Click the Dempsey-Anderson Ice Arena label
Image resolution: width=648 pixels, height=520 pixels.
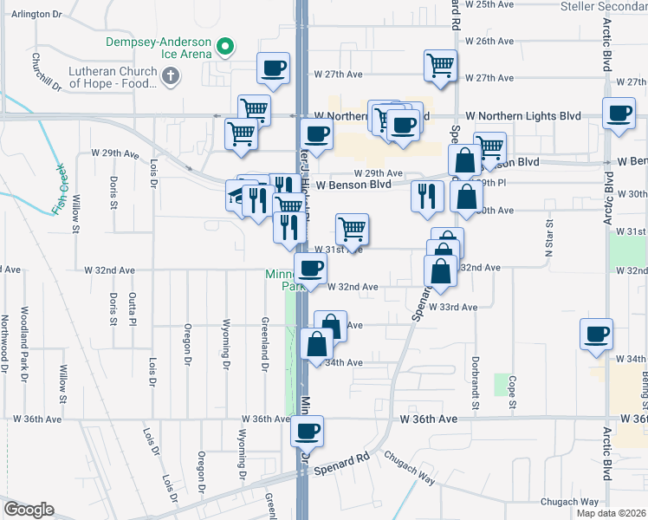tap(158, 48)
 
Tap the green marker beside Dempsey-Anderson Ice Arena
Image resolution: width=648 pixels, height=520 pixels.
tap(225, 45)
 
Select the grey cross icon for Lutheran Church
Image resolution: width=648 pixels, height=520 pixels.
tap(171, 77)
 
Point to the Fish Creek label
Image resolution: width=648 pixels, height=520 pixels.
tap(59, 190)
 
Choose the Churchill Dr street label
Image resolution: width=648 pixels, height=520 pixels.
tap(46, 72)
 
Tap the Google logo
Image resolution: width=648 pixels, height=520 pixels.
tap(29, 509)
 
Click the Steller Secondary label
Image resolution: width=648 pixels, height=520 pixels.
tap(603, 6)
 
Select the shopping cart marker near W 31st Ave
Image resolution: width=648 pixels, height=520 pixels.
tap(352, 230)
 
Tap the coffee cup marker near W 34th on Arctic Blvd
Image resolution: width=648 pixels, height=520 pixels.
tap(595, 334)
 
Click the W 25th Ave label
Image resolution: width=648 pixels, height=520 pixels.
tap(490, 4)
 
